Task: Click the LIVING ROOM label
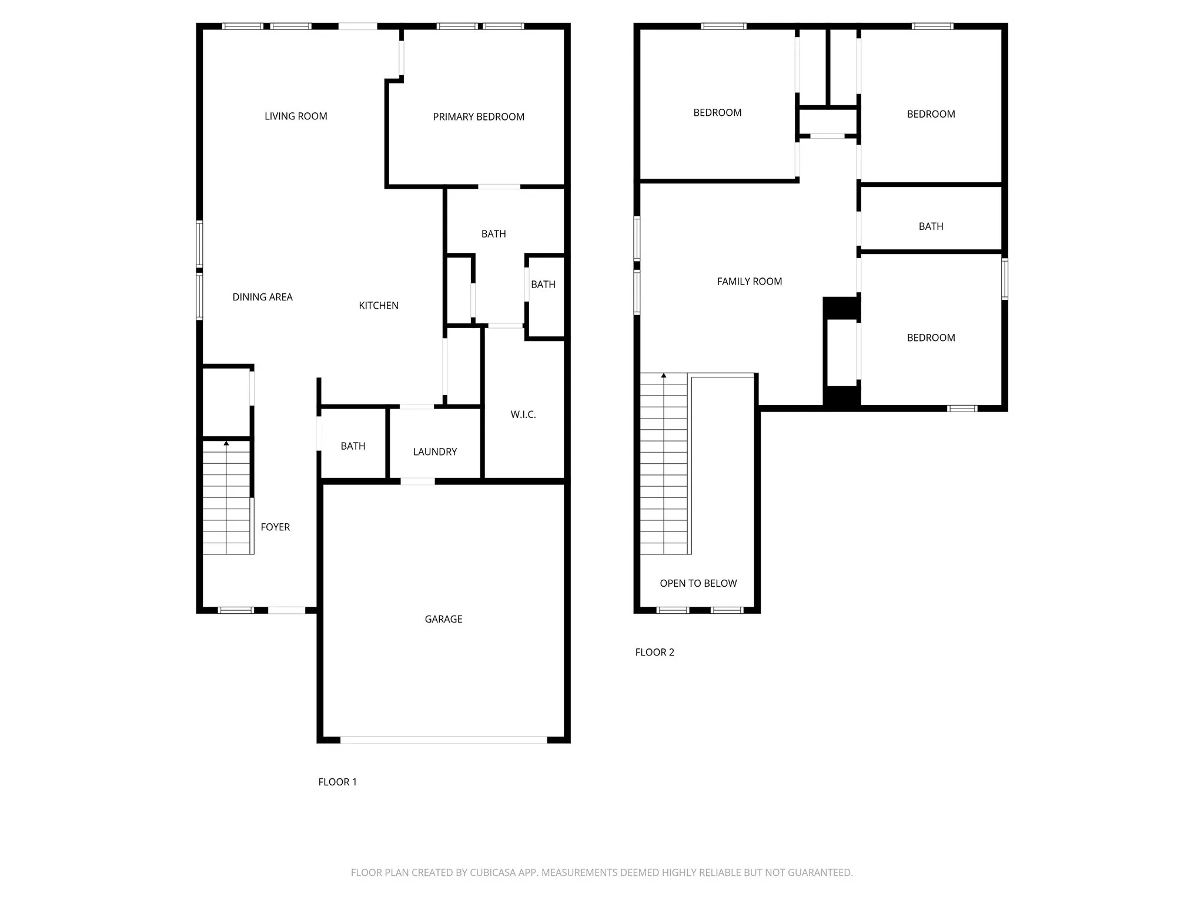click(x=296, y=116)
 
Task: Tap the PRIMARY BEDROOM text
click(x=479, y=117)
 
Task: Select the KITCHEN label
click(x=379, y=306)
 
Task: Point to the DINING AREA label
click(x=262, y=297)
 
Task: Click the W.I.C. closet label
click(x=523, y=415)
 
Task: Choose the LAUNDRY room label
click(x=435, y=452)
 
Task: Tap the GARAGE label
click(x=443, y=619)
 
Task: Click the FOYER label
click(x=275, y=527)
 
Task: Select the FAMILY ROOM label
click(x=750, y=282)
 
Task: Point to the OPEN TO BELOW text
click(x=698, y=584)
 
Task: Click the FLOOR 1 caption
click(x=337, y=782)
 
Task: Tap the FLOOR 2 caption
click(x=654, y=653)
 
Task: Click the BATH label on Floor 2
click(x=931, y=226)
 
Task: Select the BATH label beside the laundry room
click(x=353, y=446)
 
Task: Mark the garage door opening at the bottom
click(x=444, y=740)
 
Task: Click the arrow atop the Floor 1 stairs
click(x=226, y=443)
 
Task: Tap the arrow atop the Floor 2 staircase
click(x=664, y=375)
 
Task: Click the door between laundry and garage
click(x=418, y=481)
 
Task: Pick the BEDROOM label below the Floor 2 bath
click(x=931, y=338)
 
